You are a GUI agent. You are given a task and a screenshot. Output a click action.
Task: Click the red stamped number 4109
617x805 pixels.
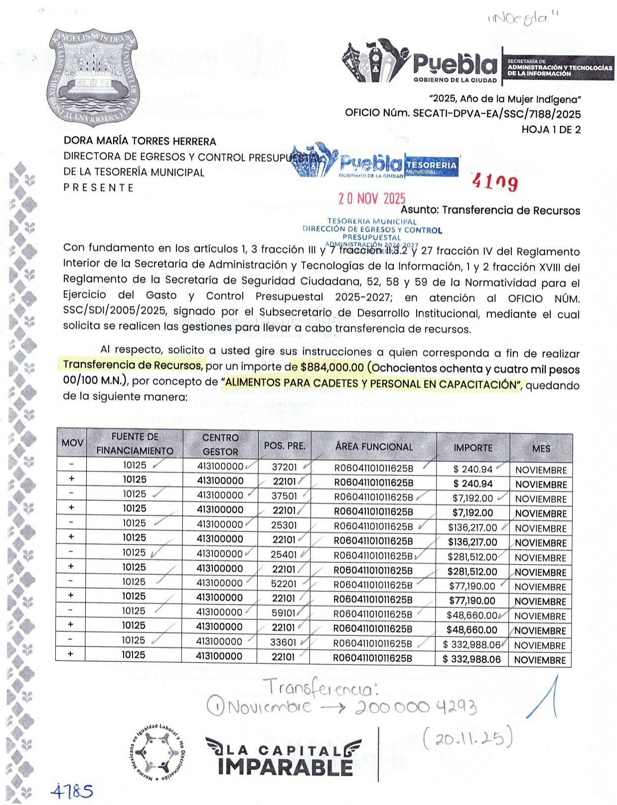[495, 183]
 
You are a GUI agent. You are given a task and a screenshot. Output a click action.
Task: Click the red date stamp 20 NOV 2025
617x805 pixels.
[372, 199]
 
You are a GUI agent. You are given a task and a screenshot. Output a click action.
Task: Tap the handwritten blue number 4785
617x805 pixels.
[72, 791]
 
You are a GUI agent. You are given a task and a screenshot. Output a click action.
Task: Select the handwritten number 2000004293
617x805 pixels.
[416, 707]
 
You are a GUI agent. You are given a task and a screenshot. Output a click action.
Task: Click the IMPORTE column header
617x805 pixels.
[472, 447]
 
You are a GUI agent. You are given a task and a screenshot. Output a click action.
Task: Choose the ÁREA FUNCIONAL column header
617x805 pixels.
[374, 447]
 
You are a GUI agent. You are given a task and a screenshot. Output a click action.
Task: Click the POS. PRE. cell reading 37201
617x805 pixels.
[285, 467]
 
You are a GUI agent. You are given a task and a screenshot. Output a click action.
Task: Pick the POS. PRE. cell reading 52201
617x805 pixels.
[284, 584]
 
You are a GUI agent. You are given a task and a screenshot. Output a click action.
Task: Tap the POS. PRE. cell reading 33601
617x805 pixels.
[283, 642]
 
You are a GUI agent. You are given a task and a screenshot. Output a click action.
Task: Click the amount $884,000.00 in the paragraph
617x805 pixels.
[332, 368]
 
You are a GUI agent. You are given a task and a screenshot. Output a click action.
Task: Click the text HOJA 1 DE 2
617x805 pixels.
[551, 130]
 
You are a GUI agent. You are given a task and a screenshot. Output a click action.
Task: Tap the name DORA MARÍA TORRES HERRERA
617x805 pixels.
[140, 142]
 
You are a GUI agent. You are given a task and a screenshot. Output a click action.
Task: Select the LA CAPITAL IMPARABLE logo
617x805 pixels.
[283, 757]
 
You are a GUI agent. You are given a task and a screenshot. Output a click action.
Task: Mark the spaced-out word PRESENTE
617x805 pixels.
[99, 188]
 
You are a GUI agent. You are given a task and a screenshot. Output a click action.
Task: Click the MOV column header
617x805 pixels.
[72, 443]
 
